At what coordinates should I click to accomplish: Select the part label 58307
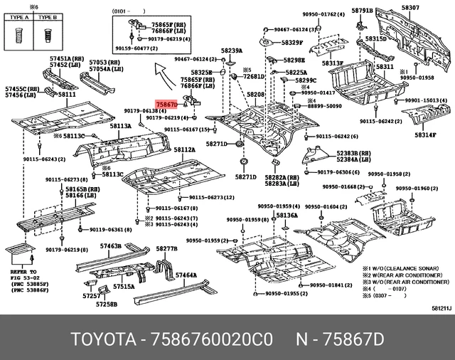coord(410,8)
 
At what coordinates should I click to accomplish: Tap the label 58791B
coord(361,11)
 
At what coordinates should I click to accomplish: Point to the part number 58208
coord(256,95)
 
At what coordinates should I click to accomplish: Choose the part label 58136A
coord(287,215)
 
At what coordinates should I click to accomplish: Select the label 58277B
coord(166,248)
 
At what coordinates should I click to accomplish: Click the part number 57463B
coord(110,245)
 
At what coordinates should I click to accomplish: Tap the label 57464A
coord(186,275)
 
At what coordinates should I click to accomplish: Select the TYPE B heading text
coord(48,15)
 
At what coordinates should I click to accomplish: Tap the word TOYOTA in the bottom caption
coord(102,336)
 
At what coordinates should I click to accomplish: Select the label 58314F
coord(425,135)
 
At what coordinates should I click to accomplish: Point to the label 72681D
coord(254,75)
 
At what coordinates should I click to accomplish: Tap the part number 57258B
coord(107,304)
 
